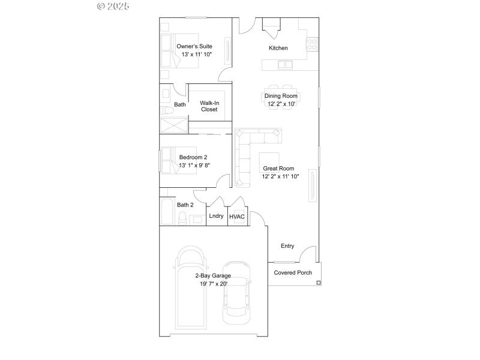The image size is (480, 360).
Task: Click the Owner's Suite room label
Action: pos(194,46)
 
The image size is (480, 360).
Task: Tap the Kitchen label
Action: pos(278,48)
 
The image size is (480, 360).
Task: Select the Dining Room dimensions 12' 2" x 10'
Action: pos(281,104)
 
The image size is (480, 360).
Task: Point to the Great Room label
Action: pos(278,169)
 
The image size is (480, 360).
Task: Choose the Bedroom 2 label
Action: pos(193,157)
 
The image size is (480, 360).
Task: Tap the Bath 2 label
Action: pos(185,205)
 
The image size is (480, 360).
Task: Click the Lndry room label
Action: pos(216,216)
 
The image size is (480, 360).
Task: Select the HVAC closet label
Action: pos(237,217)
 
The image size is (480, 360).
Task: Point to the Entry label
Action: pos(287,246)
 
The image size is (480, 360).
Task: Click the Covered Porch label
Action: pos(293,272)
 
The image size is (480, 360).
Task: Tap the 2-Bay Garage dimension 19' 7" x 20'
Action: pos(214,284)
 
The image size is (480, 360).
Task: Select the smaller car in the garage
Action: pos(235,292)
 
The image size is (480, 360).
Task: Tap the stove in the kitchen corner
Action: pos(312,44)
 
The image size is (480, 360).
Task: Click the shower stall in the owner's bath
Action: pos(173,125)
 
